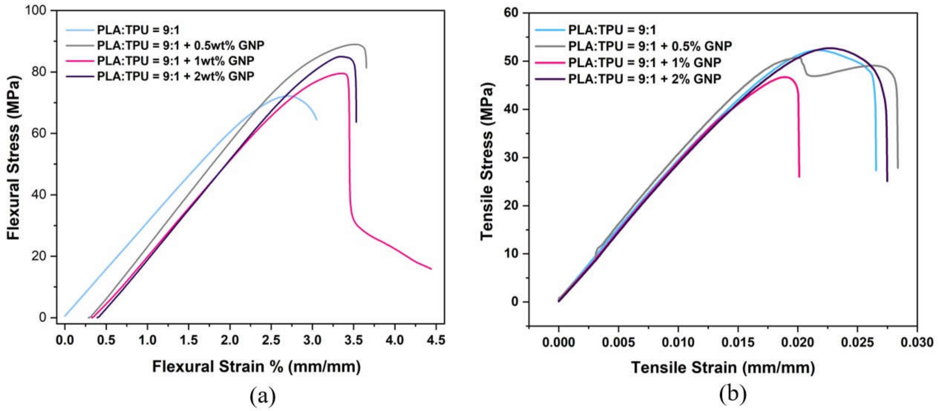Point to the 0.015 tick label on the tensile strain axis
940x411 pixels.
738,342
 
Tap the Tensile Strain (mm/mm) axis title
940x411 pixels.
723,367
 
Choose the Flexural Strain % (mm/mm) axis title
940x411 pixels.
256,367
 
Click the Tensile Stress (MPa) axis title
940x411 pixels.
487,161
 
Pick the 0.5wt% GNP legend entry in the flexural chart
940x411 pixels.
180,45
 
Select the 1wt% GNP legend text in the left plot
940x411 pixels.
175,61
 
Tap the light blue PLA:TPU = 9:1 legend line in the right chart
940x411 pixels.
550,29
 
